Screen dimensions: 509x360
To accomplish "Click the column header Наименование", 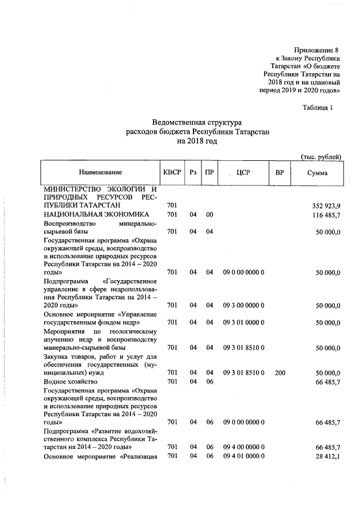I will click(100, 173).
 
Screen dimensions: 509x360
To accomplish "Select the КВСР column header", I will click(172, 173).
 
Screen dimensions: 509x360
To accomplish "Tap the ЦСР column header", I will click(243, 173).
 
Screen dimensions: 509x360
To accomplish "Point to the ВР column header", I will click(279, 173).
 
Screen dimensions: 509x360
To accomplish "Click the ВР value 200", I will click(279, 373).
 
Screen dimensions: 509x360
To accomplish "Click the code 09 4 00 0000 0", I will click(244, 447).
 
